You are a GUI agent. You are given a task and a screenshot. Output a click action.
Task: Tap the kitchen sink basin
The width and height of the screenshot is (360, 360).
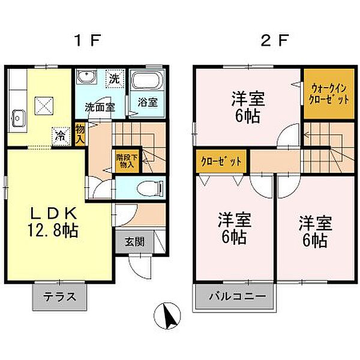[17, 118]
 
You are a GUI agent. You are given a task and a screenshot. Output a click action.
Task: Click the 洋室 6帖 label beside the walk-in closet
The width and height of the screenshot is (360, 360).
[247, 106]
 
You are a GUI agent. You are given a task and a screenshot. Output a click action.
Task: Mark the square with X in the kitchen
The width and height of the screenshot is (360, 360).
[44, 106]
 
